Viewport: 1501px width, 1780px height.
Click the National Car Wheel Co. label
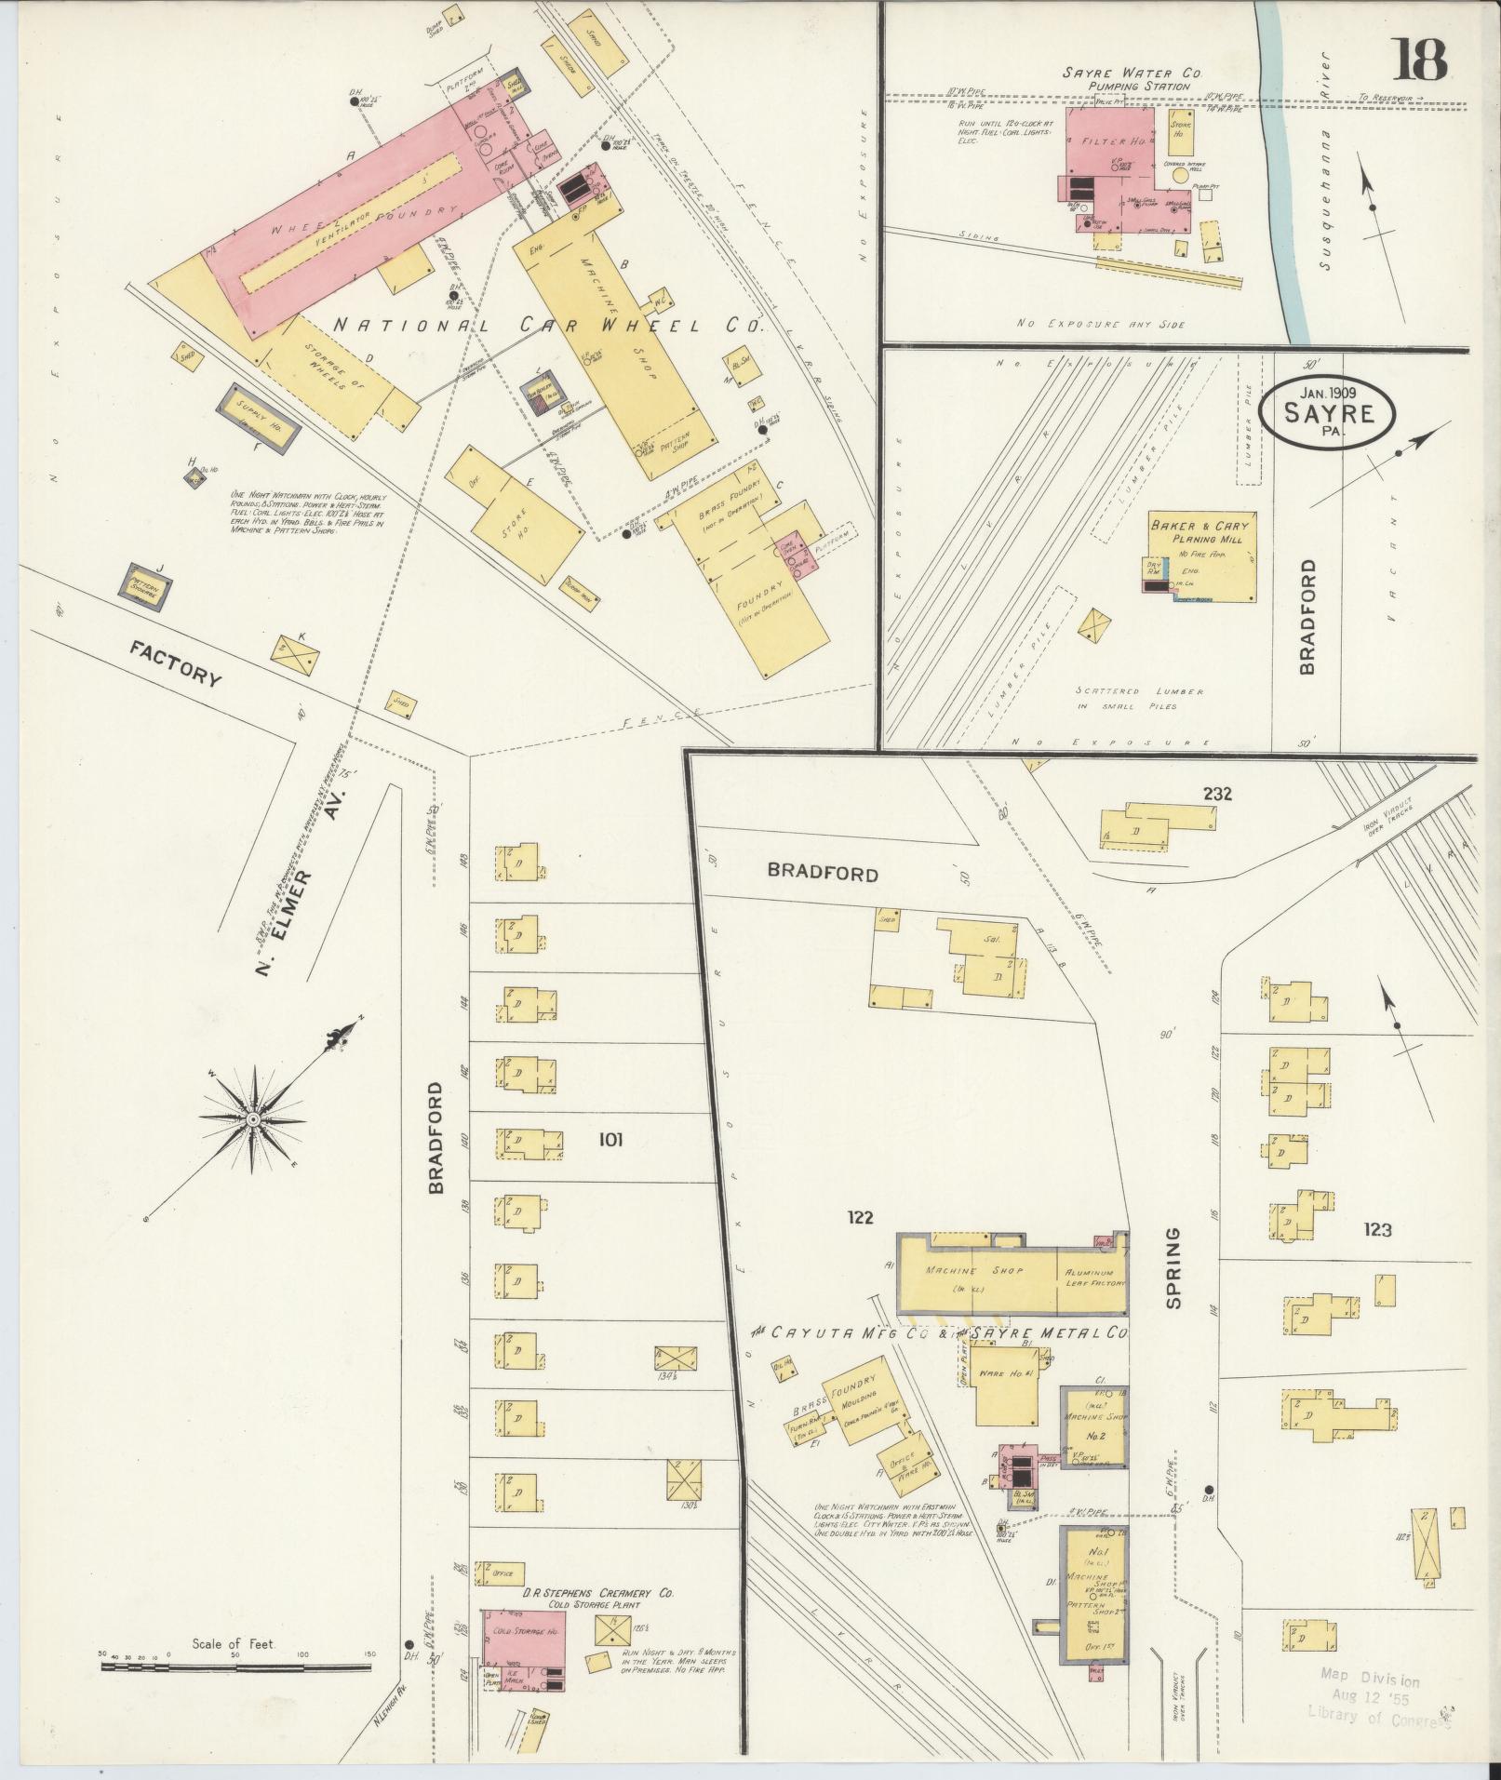point(547,328)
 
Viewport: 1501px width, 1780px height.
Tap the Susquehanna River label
point(1330,199)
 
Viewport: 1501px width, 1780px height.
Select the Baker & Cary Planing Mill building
point(1199,555)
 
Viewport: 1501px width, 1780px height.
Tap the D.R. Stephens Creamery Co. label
point(576,1594)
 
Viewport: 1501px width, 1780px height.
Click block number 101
point(610,1139)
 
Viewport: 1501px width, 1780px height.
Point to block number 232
point(1216,794)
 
